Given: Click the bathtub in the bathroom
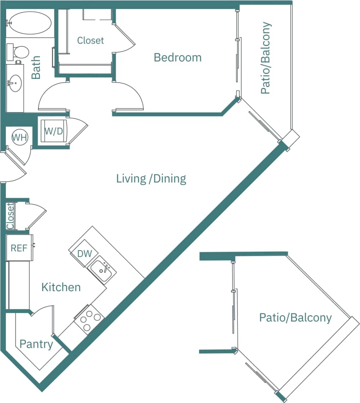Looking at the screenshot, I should coord(30,23).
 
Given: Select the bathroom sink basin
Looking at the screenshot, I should coord(15,82).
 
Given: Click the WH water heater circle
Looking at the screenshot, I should coord(19,137).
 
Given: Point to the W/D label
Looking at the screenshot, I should coord(53,132).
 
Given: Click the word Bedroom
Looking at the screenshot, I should coord(178,58).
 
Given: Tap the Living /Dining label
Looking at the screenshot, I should coord(151,178).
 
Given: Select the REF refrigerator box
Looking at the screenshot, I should coord(19,248).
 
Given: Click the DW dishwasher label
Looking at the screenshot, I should coord(85,254).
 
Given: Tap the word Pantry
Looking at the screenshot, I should coord(36,344).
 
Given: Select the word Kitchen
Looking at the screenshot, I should coord(61,287).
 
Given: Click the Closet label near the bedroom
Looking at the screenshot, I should coord(90,40).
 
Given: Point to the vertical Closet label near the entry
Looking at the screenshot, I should coord(10,216).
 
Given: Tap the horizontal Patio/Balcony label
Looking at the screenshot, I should coord(295,317).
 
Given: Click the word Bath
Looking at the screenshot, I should coord(36,67).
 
